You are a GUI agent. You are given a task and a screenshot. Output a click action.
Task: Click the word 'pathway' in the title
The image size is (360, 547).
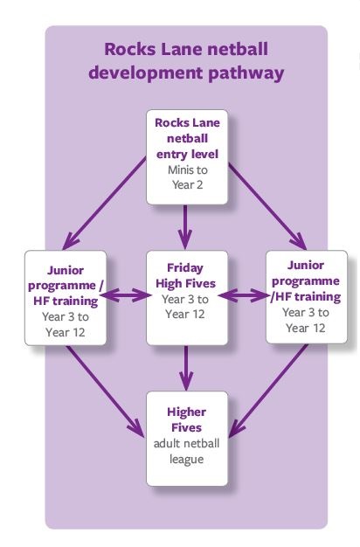tap(246, 73)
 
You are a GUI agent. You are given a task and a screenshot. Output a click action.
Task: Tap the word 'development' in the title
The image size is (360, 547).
tap(145, 73)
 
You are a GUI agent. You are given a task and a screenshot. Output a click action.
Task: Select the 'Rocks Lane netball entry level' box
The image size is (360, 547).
tap(187, 157)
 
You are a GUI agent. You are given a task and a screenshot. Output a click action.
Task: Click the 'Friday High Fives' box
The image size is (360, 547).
tap(187, 298)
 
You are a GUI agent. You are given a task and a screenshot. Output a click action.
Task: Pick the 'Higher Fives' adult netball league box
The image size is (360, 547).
tap(187, 439)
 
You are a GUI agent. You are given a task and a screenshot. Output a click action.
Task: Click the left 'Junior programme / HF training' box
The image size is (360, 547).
tap(66, 298)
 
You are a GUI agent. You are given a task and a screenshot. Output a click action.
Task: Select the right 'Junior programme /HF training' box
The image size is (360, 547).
tap(307, 297)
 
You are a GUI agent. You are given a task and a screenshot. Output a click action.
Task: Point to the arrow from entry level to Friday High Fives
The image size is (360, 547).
tap(185, 227)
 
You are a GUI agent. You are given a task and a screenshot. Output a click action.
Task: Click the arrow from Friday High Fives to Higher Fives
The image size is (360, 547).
tap(186, 368)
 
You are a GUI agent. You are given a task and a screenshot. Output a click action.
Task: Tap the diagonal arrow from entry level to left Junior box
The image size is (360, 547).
tap(104, 204)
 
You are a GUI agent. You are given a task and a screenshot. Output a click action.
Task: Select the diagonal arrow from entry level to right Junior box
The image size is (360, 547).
tap(267, 206)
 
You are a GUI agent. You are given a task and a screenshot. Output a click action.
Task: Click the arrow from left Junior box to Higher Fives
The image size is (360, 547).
tap(106, 391)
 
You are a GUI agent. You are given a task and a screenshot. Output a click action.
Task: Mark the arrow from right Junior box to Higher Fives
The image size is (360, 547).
tap(268, 391)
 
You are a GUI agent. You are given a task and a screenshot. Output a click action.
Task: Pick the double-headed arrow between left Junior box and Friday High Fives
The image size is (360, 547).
tap(126, 296)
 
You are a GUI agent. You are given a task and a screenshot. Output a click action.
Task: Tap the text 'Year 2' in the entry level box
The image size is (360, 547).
tap(187, 185)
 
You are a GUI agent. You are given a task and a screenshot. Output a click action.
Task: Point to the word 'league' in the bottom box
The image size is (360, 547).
tap(187, 460)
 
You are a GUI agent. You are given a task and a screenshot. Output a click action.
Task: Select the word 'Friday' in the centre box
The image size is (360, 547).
tap(185, 268)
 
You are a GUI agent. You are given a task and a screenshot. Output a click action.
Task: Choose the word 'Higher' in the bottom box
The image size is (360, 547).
tap(187, 412)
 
